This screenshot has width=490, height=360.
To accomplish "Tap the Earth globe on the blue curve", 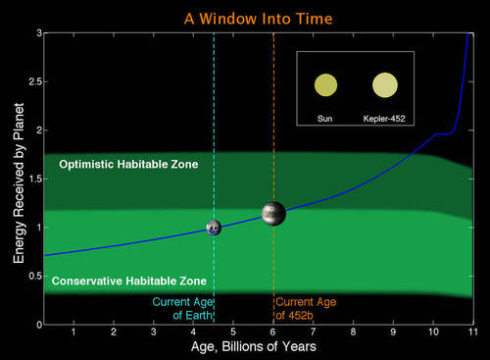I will (x=213, y=228).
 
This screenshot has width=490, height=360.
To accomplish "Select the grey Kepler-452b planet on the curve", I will (x=273, y=212).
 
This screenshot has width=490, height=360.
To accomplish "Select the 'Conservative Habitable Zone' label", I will (x=128, y=282).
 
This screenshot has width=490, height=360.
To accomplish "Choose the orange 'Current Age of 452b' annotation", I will (x=306, y=308).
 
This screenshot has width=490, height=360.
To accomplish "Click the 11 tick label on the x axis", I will (x=472, y=333).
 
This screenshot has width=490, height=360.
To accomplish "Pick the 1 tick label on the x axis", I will (x=73, y=333).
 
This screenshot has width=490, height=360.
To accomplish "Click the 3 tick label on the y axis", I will (x=37, y=33).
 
